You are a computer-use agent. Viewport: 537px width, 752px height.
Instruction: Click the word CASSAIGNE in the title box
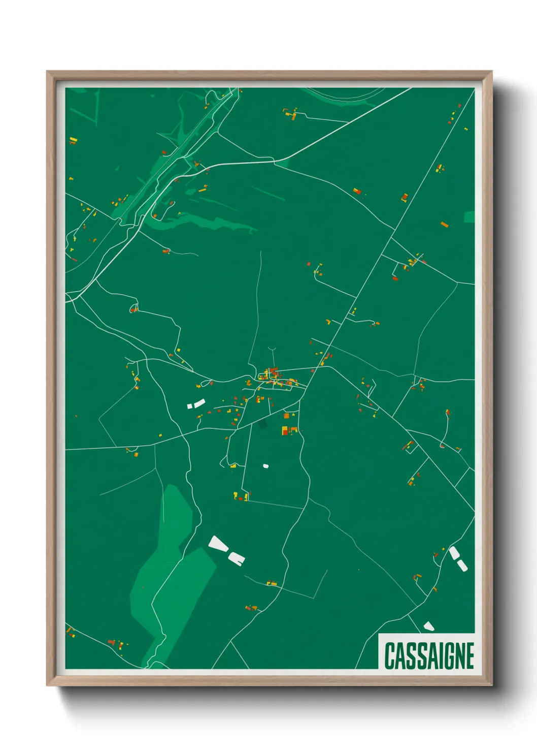429,656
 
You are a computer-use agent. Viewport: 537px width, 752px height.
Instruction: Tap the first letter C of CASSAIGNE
390,656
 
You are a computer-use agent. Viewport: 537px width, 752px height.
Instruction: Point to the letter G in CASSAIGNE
446,656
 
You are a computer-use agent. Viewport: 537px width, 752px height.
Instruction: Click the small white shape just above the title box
429,626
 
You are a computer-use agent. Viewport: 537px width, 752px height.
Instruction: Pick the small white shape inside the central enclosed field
265,465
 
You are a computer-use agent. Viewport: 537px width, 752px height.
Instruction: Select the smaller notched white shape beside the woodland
237,558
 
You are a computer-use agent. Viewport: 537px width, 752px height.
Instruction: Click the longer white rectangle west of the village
198,403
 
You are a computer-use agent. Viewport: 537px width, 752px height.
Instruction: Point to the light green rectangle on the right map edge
469,217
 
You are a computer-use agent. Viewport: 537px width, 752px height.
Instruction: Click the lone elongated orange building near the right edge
445,224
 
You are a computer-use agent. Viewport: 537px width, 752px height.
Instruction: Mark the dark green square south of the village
262,424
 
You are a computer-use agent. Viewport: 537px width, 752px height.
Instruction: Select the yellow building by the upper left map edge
73,140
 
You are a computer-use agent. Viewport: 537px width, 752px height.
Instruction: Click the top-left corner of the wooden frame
48,72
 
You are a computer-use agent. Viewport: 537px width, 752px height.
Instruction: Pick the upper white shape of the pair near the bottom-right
454,553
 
